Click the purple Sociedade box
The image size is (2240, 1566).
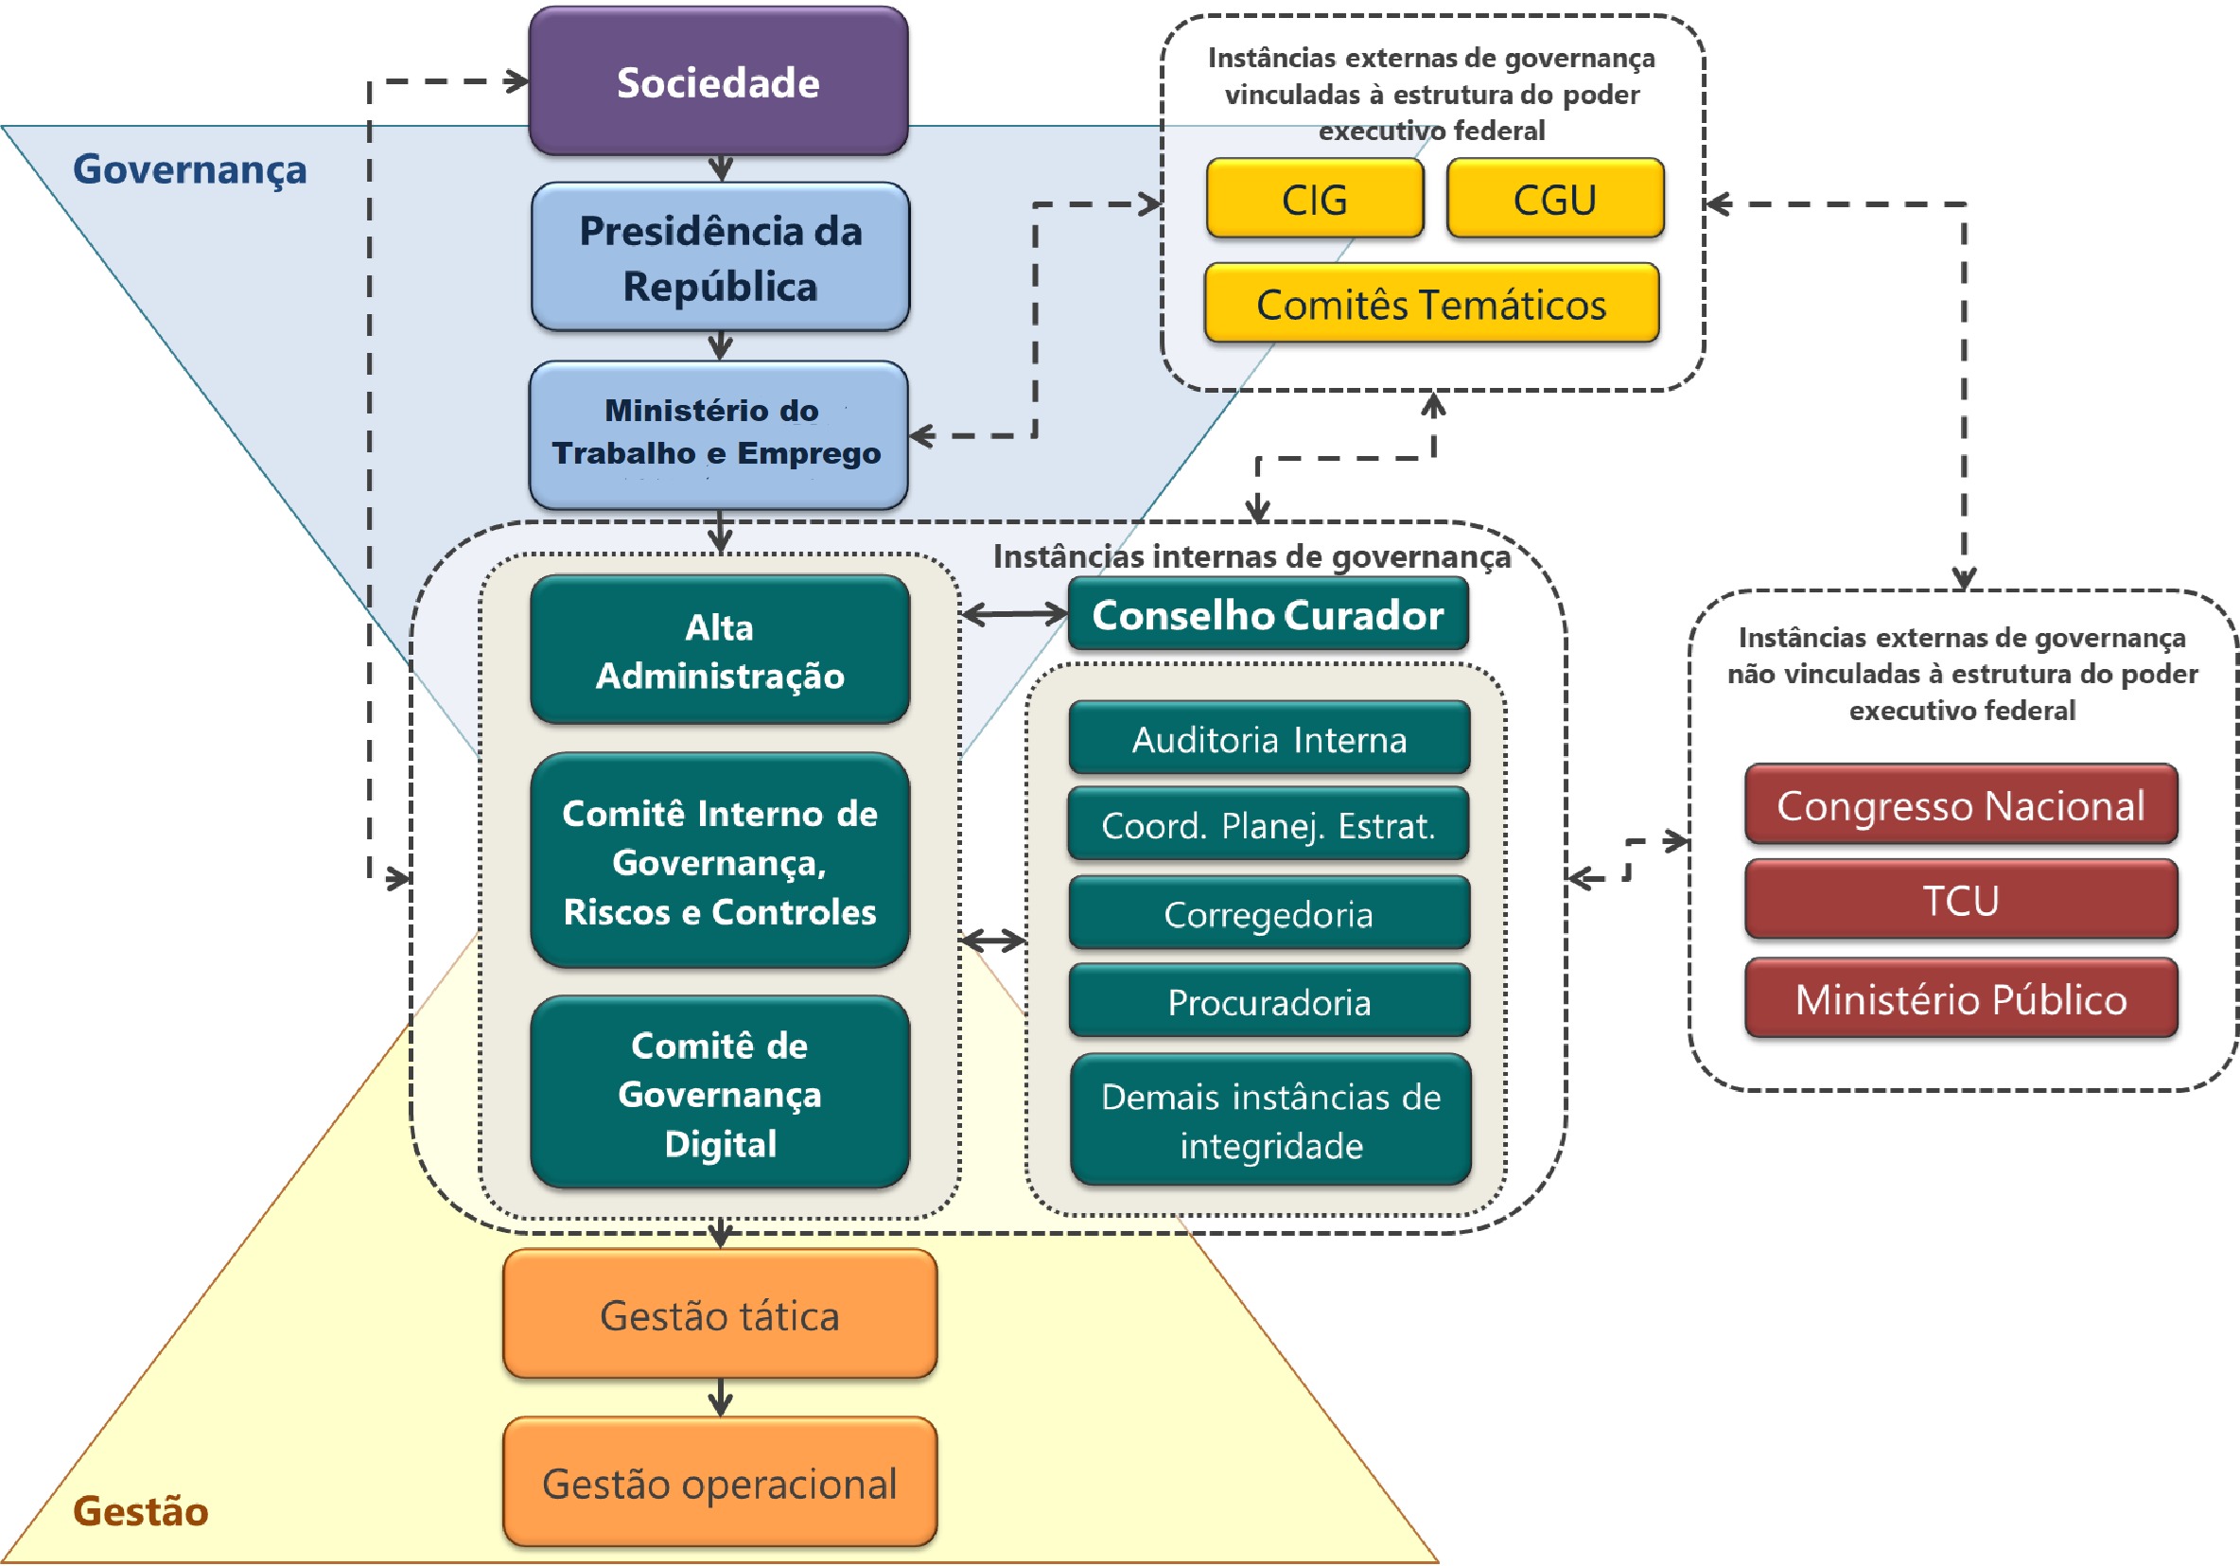click(x=718, y=82)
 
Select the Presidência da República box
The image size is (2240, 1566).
click(x=720, y=257)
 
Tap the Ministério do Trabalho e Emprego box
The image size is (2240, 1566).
click(x=718, y=434)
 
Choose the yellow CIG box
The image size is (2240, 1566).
click(x=1314, y=199)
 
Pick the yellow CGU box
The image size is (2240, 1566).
click(x=1555, y=199)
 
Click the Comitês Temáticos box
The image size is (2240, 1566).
click(x=1431, y=304)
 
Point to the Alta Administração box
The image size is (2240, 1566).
click(x=720, y=651)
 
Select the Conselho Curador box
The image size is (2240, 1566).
click(x=1268, y=615)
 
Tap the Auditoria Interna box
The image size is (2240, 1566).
click(x=1269, y=739)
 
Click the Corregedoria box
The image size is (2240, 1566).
click(x=1269, y=913)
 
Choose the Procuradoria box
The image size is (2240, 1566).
click(x=1269, y=1001)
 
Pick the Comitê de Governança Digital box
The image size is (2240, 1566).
click(x=720, y=1093)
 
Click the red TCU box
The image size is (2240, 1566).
click(x=1961, y=900)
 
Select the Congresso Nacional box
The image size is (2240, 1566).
click(x=1961, y=805)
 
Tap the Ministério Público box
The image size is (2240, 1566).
click(x=1961, y=999)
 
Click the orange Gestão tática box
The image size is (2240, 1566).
click(x=720, y=1314)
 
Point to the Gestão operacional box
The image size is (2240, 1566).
click(x=720, y=1483)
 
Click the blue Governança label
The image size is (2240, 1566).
click(x=189, y=168)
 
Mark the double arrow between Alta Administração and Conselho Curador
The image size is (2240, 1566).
click(x=1015, y=614)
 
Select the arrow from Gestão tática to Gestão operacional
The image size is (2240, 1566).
click(x=720, y=1398)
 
